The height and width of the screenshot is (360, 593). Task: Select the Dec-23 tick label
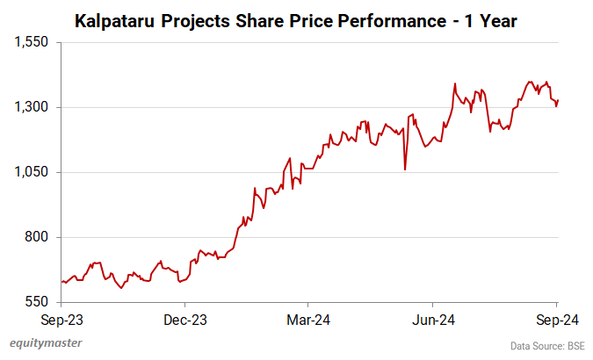tap(185, 320)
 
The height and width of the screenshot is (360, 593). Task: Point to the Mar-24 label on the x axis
tap(309, 320)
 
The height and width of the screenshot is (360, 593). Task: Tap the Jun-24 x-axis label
tap(433, 320)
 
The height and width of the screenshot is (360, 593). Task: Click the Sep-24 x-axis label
tap(557, 320)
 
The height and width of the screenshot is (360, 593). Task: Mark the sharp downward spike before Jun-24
tap(405, 169)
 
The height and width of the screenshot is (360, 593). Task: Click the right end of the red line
tap(558, 101)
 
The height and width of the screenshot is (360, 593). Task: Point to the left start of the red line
tap(61, 282)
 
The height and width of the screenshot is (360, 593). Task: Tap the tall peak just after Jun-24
tap(455, 84)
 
